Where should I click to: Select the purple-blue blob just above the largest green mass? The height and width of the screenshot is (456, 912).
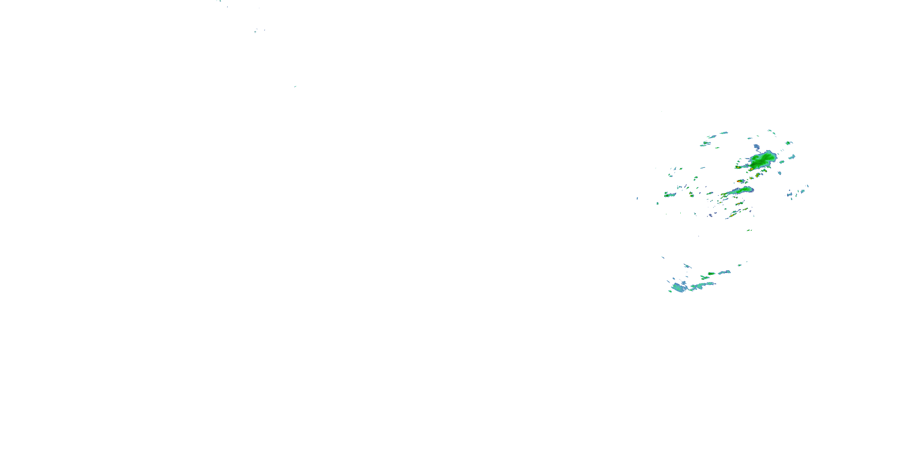tap(757, 146)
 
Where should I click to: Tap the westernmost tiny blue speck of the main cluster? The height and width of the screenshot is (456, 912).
tap(637, 198)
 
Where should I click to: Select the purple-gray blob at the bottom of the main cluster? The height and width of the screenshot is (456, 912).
tap(710, 215)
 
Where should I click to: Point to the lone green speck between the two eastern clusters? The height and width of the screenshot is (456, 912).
tap(749, 230)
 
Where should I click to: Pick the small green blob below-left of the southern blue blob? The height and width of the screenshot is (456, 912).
tap(670, 291)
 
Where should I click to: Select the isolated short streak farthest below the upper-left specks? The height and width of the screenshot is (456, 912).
tap(295, 86)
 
